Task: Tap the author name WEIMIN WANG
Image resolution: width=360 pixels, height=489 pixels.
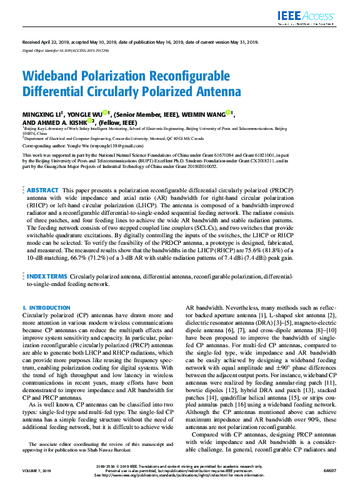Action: pos(203,115)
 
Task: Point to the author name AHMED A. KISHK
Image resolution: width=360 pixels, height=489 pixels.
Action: pos(60,123)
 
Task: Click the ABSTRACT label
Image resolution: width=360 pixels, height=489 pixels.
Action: pos(42,189)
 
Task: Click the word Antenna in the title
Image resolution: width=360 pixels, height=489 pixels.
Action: pos(218,91)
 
